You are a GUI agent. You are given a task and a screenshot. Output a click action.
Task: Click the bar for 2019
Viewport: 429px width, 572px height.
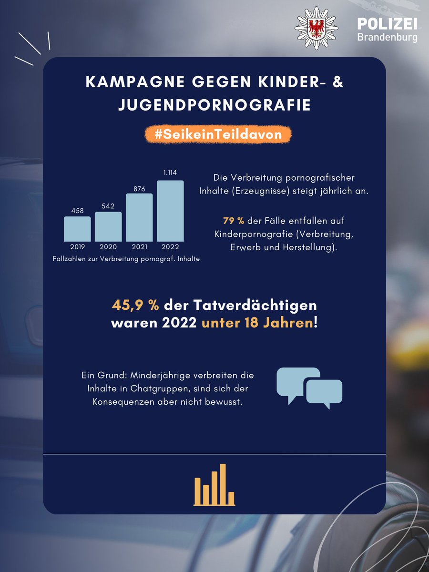point(77,229)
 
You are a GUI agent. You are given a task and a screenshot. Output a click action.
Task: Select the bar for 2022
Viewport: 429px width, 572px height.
point(170,211)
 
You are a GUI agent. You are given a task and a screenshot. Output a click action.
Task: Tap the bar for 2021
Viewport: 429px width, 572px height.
point(139,217)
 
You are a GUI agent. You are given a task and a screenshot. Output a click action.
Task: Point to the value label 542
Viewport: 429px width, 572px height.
point(108,206)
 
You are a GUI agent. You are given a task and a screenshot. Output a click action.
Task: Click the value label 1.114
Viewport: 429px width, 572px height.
point(170,173)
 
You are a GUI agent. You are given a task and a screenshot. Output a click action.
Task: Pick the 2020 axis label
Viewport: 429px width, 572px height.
point(108,247)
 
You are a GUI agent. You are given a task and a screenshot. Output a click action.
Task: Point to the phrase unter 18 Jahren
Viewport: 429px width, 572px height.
point(257,323)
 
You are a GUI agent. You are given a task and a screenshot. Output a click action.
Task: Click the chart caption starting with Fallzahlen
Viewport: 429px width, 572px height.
point(126,259)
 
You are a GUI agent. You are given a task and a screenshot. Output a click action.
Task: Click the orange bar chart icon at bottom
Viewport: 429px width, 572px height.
point(214,484)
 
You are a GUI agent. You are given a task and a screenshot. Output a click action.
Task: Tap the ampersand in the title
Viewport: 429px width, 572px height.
point(337,82)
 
